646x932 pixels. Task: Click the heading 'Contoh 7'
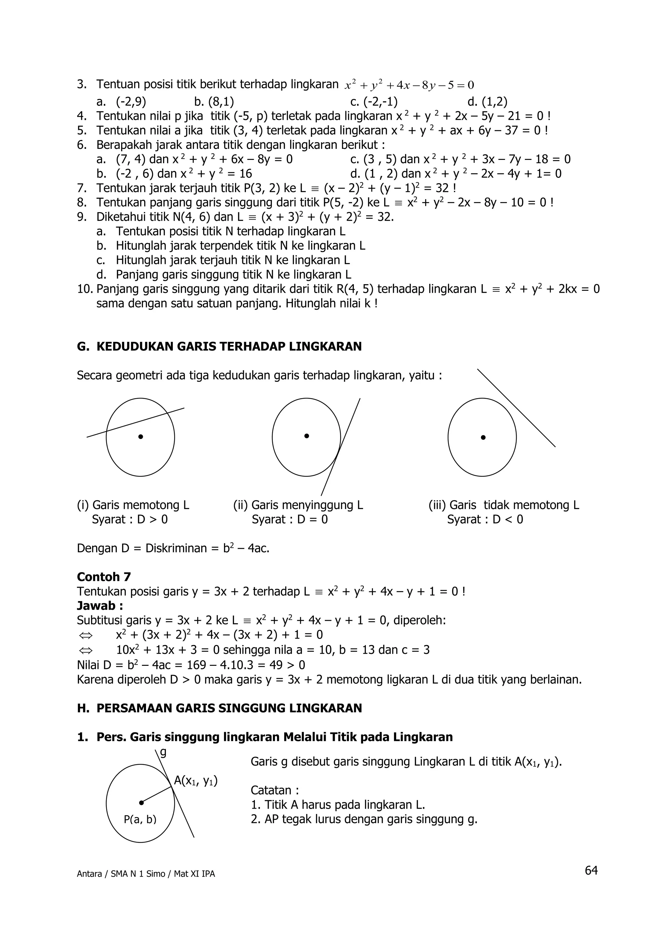point(104,577)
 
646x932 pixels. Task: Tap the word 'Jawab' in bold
point(96,606)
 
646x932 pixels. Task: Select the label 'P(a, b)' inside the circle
point(140,819)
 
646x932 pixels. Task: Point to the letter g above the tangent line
point(163,752)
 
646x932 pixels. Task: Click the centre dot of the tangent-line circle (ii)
point(307,436)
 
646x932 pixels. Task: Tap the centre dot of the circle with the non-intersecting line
point(483,437)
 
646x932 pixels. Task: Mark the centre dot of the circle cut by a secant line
point(140,437)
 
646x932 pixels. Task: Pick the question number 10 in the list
point(85,289)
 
